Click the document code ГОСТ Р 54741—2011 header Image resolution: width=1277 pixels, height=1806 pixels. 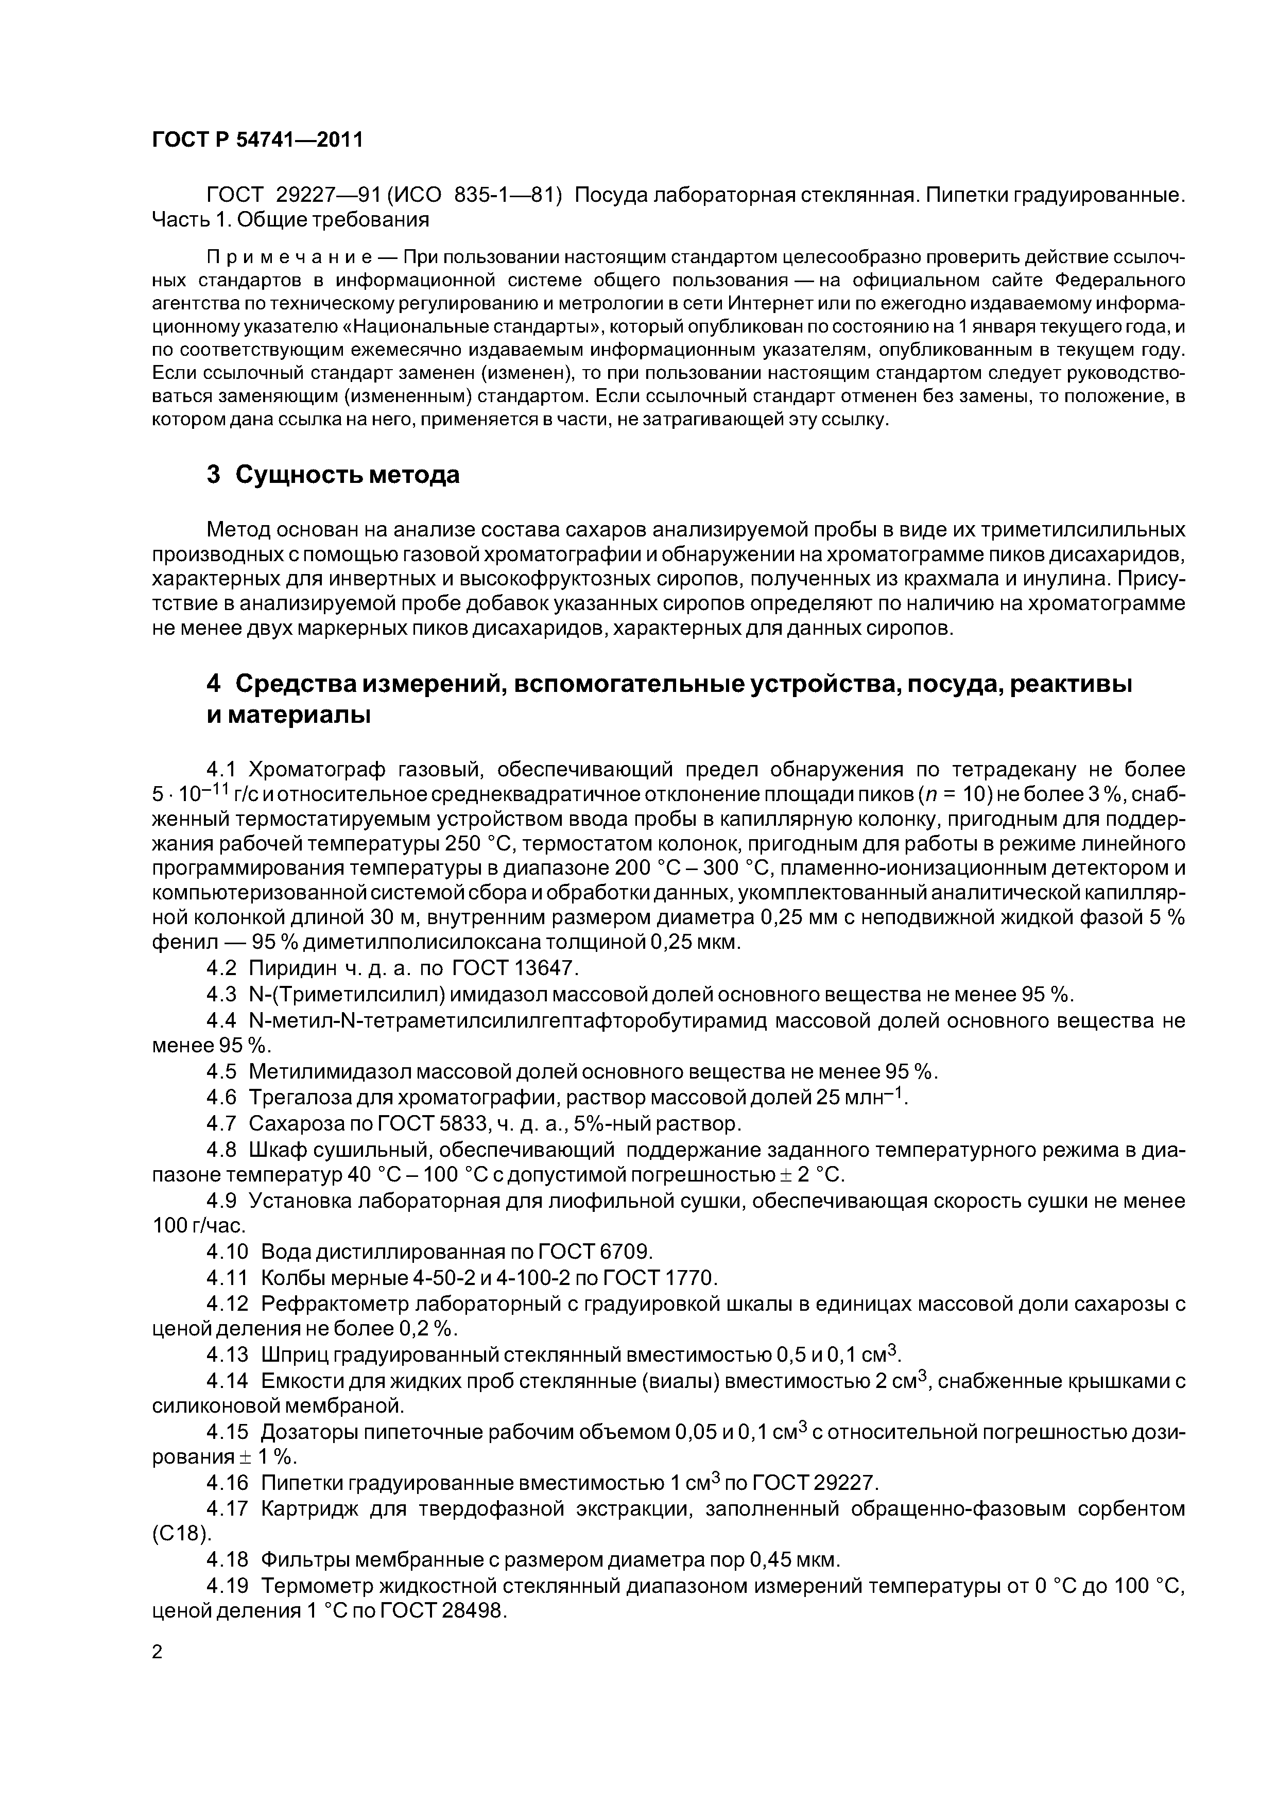coord(257,141)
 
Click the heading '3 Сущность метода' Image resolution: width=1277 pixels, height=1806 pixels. coord(333,475)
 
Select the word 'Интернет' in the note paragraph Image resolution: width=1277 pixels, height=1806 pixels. coord(773,303)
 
